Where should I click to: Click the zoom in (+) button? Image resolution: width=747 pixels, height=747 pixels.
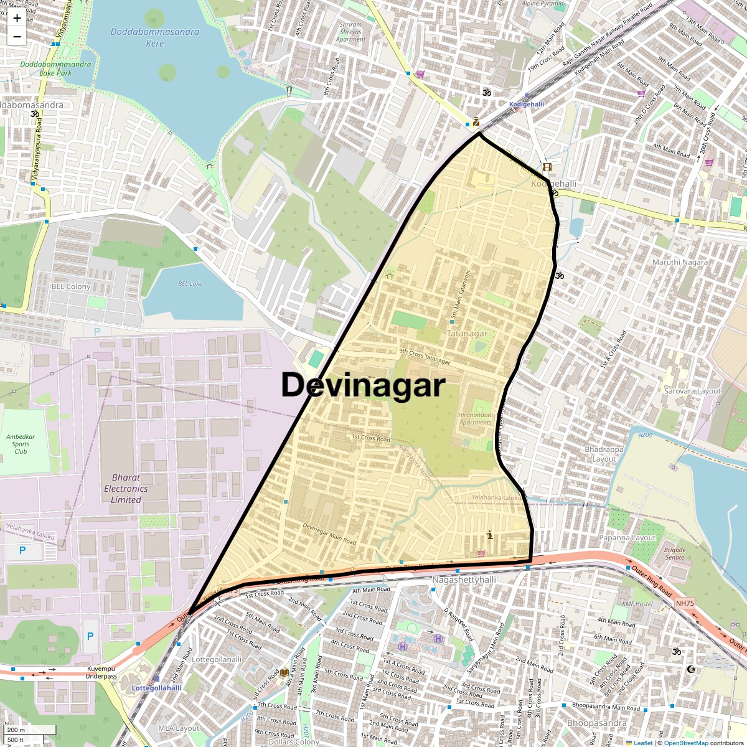click(17, 18)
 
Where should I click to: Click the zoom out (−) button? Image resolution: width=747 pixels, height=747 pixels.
click(17, 36)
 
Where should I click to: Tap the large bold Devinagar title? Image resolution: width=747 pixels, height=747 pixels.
click(363, 385)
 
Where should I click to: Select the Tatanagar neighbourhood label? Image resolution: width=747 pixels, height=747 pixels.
click(467, 334)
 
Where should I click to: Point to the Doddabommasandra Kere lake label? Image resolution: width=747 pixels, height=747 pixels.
click(155, 37)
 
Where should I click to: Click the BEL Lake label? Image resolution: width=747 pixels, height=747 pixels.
click(190, 284)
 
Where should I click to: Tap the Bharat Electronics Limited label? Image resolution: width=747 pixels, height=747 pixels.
click(126, 489)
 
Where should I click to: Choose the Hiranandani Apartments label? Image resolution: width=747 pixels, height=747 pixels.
click(476, 418)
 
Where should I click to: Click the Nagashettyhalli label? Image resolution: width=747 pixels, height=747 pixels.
click(464, 580)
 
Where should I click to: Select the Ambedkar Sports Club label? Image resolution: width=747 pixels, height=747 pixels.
click(21, 444)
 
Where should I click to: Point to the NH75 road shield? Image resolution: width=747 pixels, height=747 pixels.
click(685, 603)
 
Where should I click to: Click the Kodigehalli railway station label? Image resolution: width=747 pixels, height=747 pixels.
click(527, 105)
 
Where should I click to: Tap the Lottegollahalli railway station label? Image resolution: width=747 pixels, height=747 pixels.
click(157, 688)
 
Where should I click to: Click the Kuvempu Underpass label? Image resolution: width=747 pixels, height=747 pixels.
click(101, 672)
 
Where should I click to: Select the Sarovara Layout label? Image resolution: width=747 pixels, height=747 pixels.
click(692, 392)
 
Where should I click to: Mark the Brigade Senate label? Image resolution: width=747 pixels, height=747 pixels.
click(675, 553)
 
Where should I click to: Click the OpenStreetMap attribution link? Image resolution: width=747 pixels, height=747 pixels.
click(685, 743)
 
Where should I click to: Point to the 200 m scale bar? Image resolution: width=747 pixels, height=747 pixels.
click(30, 730)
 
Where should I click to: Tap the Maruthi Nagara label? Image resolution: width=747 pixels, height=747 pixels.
click(680, 262)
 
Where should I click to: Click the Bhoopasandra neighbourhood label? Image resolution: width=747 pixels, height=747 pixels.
click(597, 723)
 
